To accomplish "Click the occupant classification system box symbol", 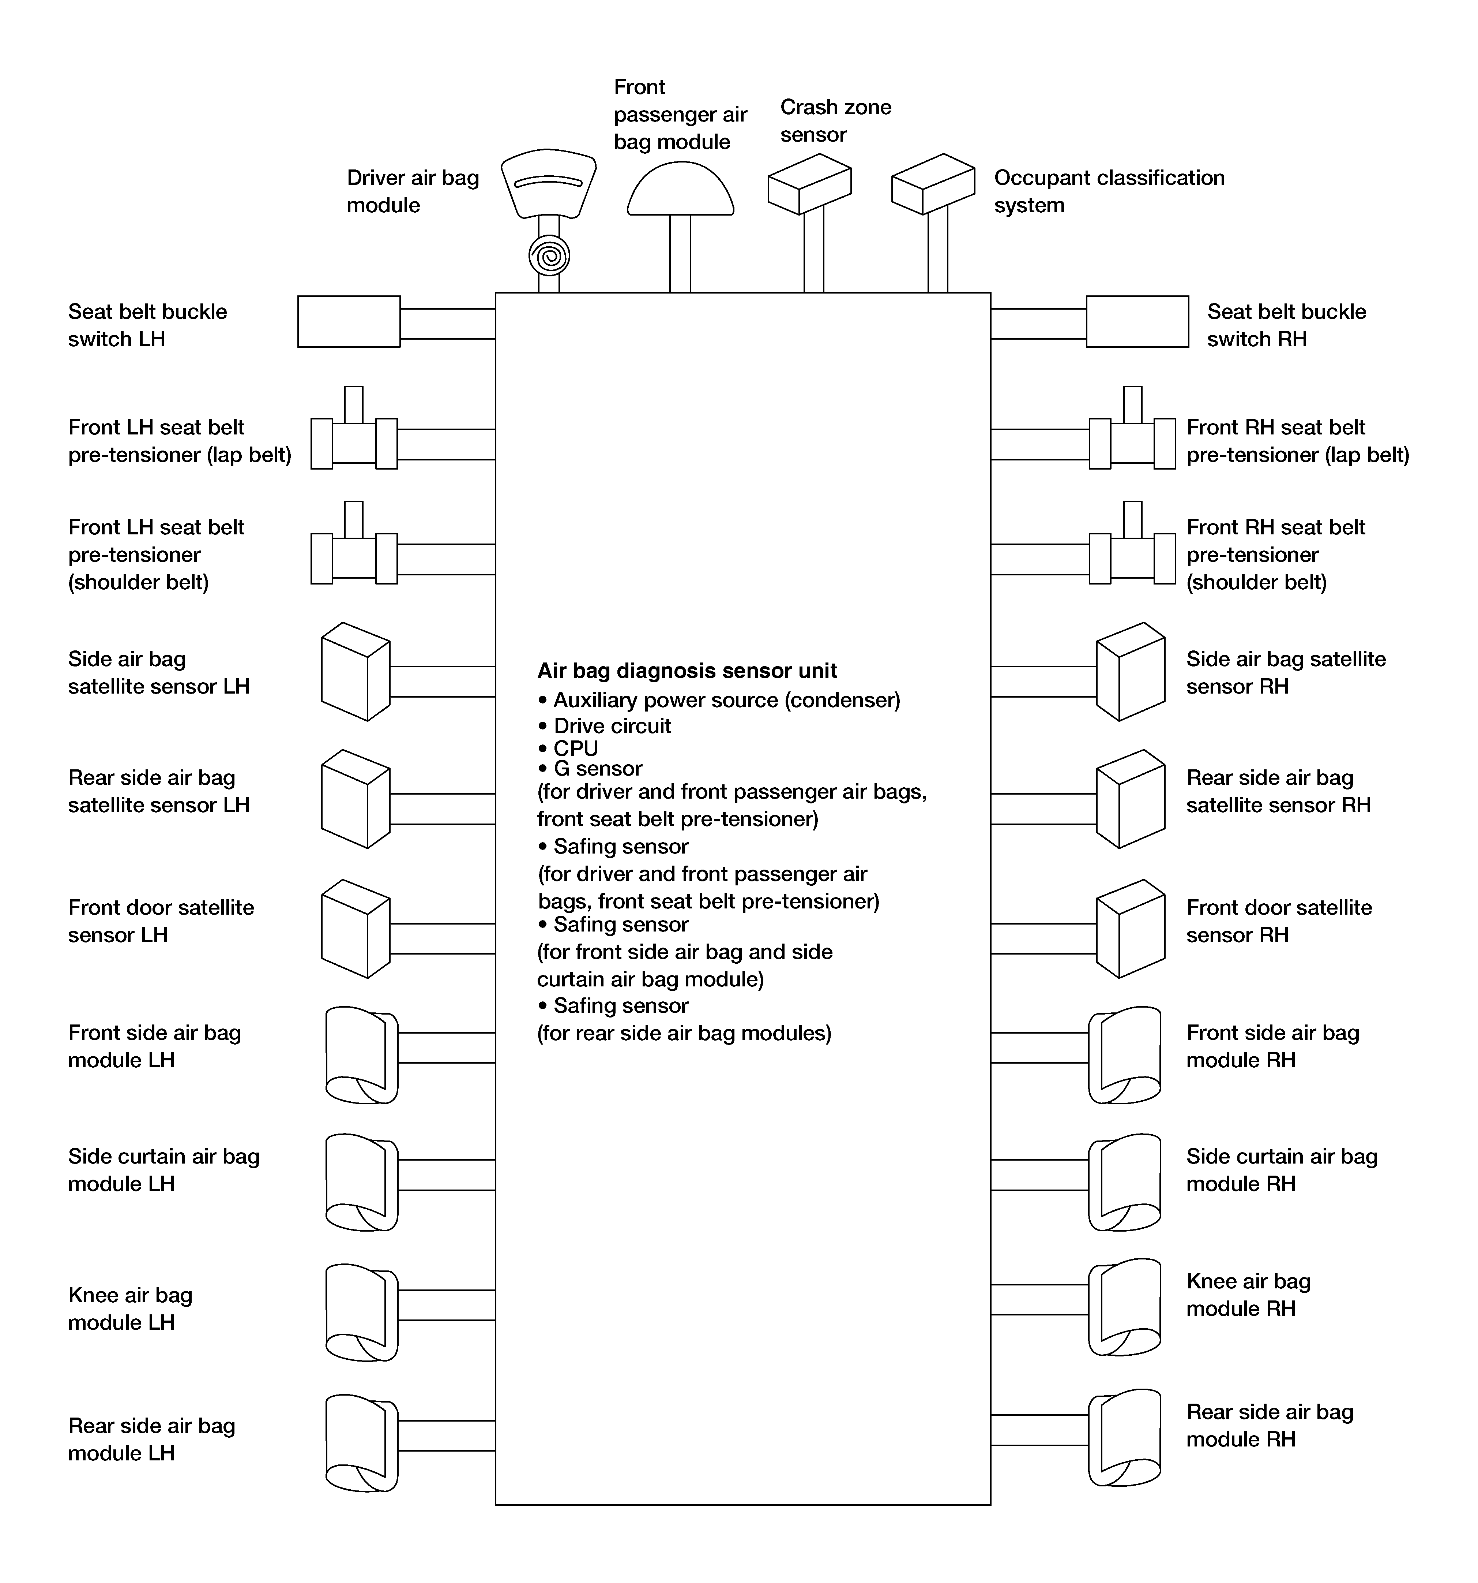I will click(x=933, y=184).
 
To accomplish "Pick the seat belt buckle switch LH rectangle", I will click(x=349, y=322).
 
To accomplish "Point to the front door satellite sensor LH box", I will click(x=355, y=929).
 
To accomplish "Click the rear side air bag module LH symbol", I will click(x=361, y=1443).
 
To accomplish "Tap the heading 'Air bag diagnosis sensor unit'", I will click(x=687, y=671).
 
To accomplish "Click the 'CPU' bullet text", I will click(x=575, y=748).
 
